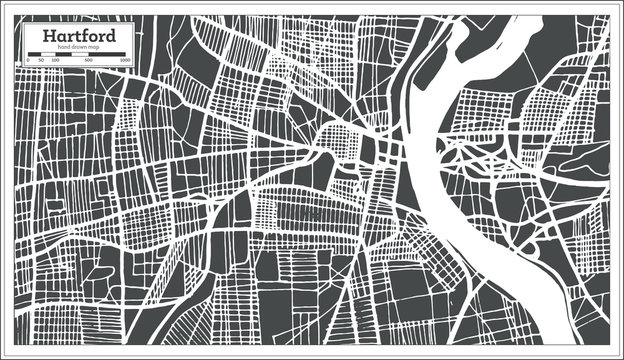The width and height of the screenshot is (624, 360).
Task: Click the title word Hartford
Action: [78, 37]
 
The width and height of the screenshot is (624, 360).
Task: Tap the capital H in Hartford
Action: [46, 37]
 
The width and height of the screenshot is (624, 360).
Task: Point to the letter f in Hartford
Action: [86, 37]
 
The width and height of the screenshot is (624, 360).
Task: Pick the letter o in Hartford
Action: [94, 38]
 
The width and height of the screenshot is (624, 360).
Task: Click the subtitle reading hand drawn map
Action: [78, 48]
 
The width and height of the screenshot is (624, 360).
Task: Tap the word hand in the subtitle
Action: [64, 48]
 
